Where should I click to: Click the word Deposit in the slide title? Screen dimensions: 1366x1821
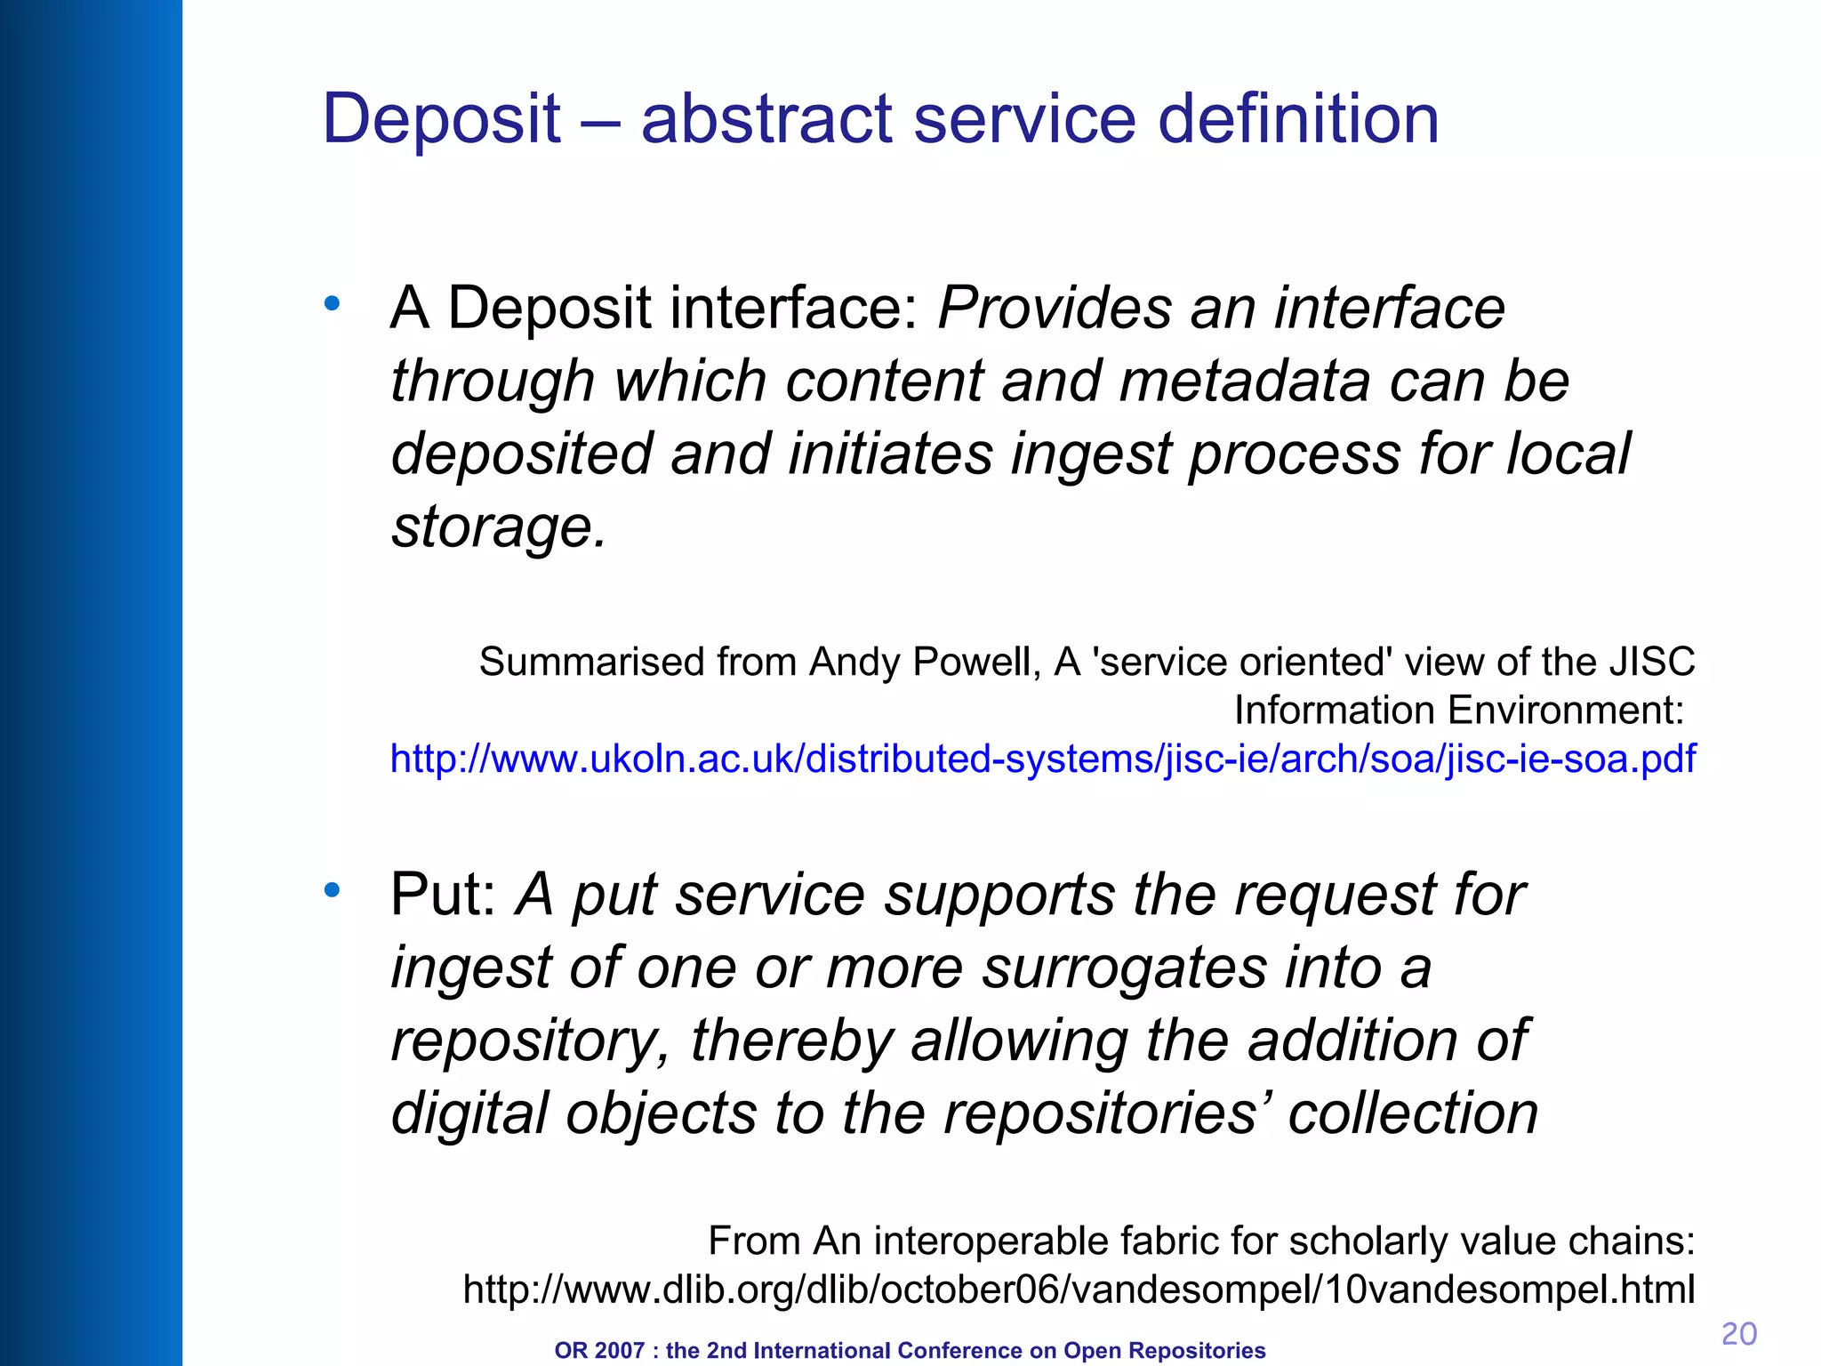point(441,120)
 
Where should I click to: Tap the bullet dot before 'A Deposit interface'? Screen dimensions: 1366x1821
point(333,304)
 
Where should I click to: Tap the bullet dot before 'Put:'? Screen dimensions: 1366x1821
point(333,889)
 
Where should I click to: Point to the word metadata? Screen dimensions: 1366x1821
point(1244,382)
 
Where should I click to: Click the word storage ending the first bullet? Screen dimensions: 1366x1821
point(498,527)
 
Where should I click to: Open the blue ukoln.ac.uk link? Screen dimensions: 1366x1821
point(1042,759)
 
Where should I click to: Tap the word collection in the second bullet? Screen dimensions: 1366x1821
point(1413,1113)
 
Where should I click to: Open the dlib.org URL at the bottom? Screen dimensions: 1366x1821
point(1079,1289)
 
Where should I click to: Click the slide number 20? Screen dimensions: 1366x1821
point(1738,1334)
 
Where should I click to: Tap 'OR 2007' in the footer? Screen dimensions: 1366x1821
point(598,1351)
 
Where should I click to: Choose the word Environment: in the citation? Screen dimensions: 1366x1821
point(1458,711)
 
